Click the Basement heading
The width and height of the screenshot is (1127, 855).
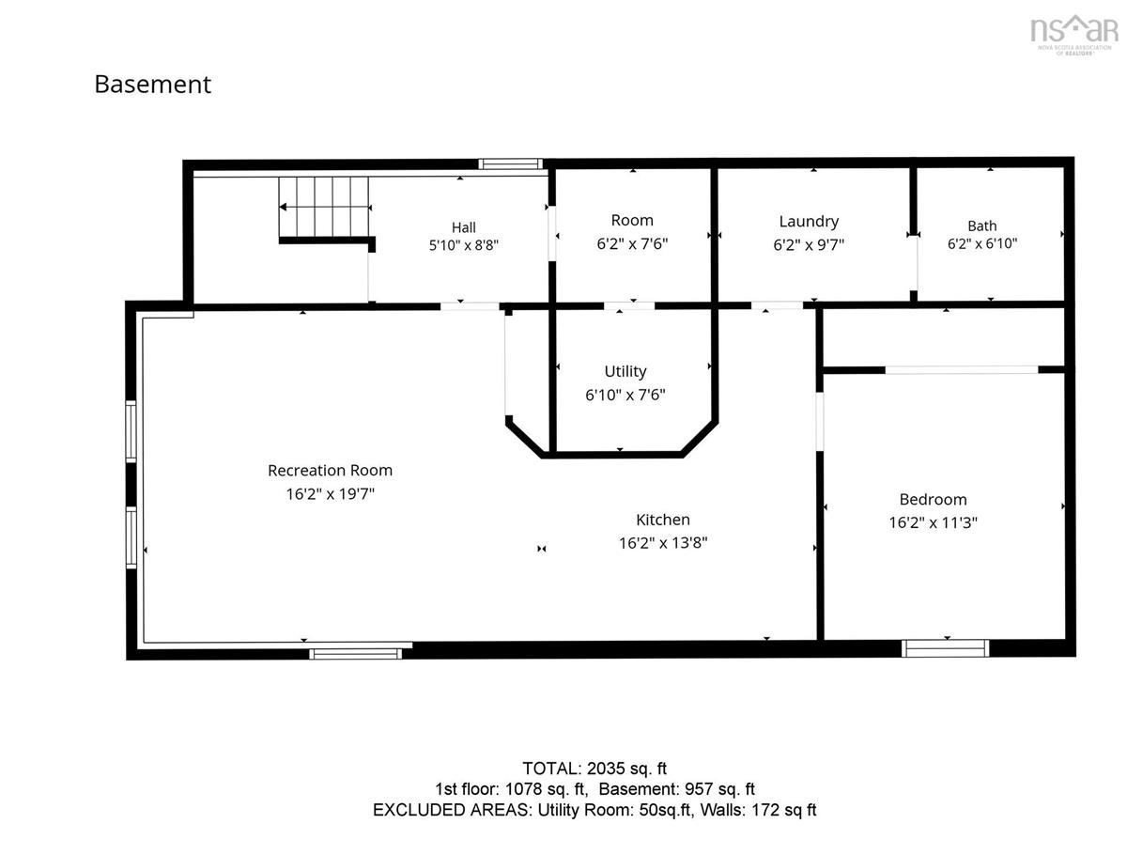pyautogui.click(x=152, y=85)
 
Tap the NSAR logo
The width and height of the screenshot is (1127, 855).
pyautogui.click(x=1074, y=35)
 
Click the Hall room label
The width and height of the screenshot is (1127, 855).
pyautogui.click(x=464, y=227)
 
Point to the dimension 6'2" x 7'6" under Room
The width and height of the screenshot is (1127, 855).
pyautogui.click(x=632, y=244)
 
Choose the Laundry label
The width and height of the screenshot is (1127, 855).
pyautogui.click(x=809, y=222)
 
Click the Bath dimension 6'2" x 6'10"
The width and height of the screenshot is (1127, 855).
pyautogui.click(x=982, y=243)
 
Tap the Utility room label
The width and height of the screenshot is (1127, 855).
pyautogui.click(x=625, y=371)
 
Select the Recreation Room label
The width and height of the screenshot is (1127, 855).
pyautogui.click(x=331, y=471)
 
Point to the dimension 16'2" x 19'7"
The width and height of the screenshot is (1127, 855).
pyautogui.click(x=331, y=494)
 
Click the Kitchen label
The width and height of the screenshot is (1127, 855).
pyautogui.click(x=663, y=520)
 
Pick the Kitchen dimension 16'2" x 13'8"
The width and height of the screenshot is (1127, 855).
pyautogui.click(x=663, y=543)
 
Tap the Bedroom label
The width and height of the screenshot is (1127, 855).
pyautogui.click(x=933, y=499)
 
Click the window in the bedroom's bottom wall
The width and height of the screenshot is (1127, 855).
pyautogui.click(x=945, y=648)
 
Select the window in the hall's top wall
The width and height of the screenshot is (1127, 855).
pyautogui.click(x=510, y=163)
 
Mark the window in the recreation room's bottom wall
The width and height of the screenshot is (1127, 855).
pyautogui.click(x=355, y=654)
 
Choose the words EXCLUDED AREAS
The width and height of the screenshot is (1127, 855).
pyautogui.click(x=452, y=810)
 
